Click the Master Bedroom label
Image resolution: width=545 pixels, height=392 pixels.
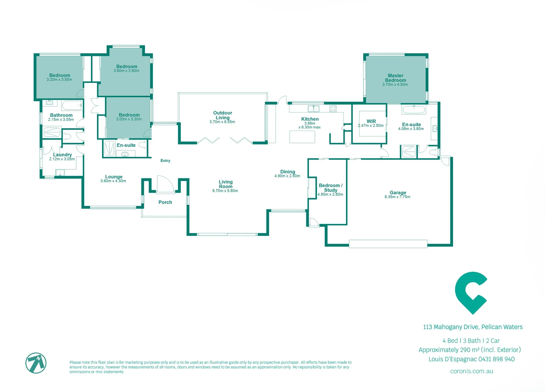click(x=395, y=78)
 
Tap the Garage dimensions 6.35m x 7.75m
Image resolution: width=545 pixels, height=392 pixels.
click(x=397, y=197)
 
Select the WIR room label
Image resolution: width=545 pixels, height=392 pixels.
click(x=371, y=121)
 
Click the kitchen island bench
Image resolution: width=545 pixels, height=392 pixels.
click(x=302, y=137)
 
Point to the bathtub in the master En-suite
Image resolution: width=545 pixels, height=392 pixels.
click(x=414, y=109)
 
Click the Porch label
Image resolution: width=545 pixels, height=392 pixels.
click(x=165, y=202)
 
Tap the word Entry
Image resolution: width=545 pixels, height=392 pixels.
click(x=165, y=160)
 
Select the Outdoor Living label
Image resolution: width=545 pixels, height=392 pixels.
click(x=223, y=115)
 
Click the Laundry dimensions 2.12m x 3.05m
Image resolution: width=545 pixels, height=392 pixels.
click(x=62, y=159)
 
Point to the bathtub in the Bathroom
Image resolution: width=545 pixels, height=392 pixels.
click(x=72, y=106)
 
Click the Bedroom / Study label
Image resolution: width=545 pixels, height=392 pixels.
click(x=330, y=188)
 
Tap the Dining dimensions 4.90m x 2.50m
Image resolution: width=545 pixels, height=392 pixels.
click(x=287, y=176)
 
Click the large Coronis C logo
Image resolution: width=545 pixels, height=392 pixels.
click(x=471, y=293)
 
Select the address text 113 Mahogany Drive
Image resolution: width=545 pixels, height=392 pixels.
click(x=450, y=327)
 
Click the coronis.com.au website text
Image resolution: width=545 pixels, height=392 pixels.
click(x=471, y=371)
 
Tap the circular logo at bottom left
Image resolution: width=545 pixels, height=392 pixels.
click(x=36, y=363)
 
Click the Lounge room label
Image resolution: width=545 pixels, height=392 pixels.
click(x=114, y=177)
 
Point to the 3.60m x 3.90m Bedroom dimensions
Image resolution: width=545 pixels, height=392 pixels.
click(x=126, y=71)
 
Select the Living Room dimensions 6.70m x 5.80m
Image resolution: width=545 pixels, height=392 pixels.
click(x=225, y=191)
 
